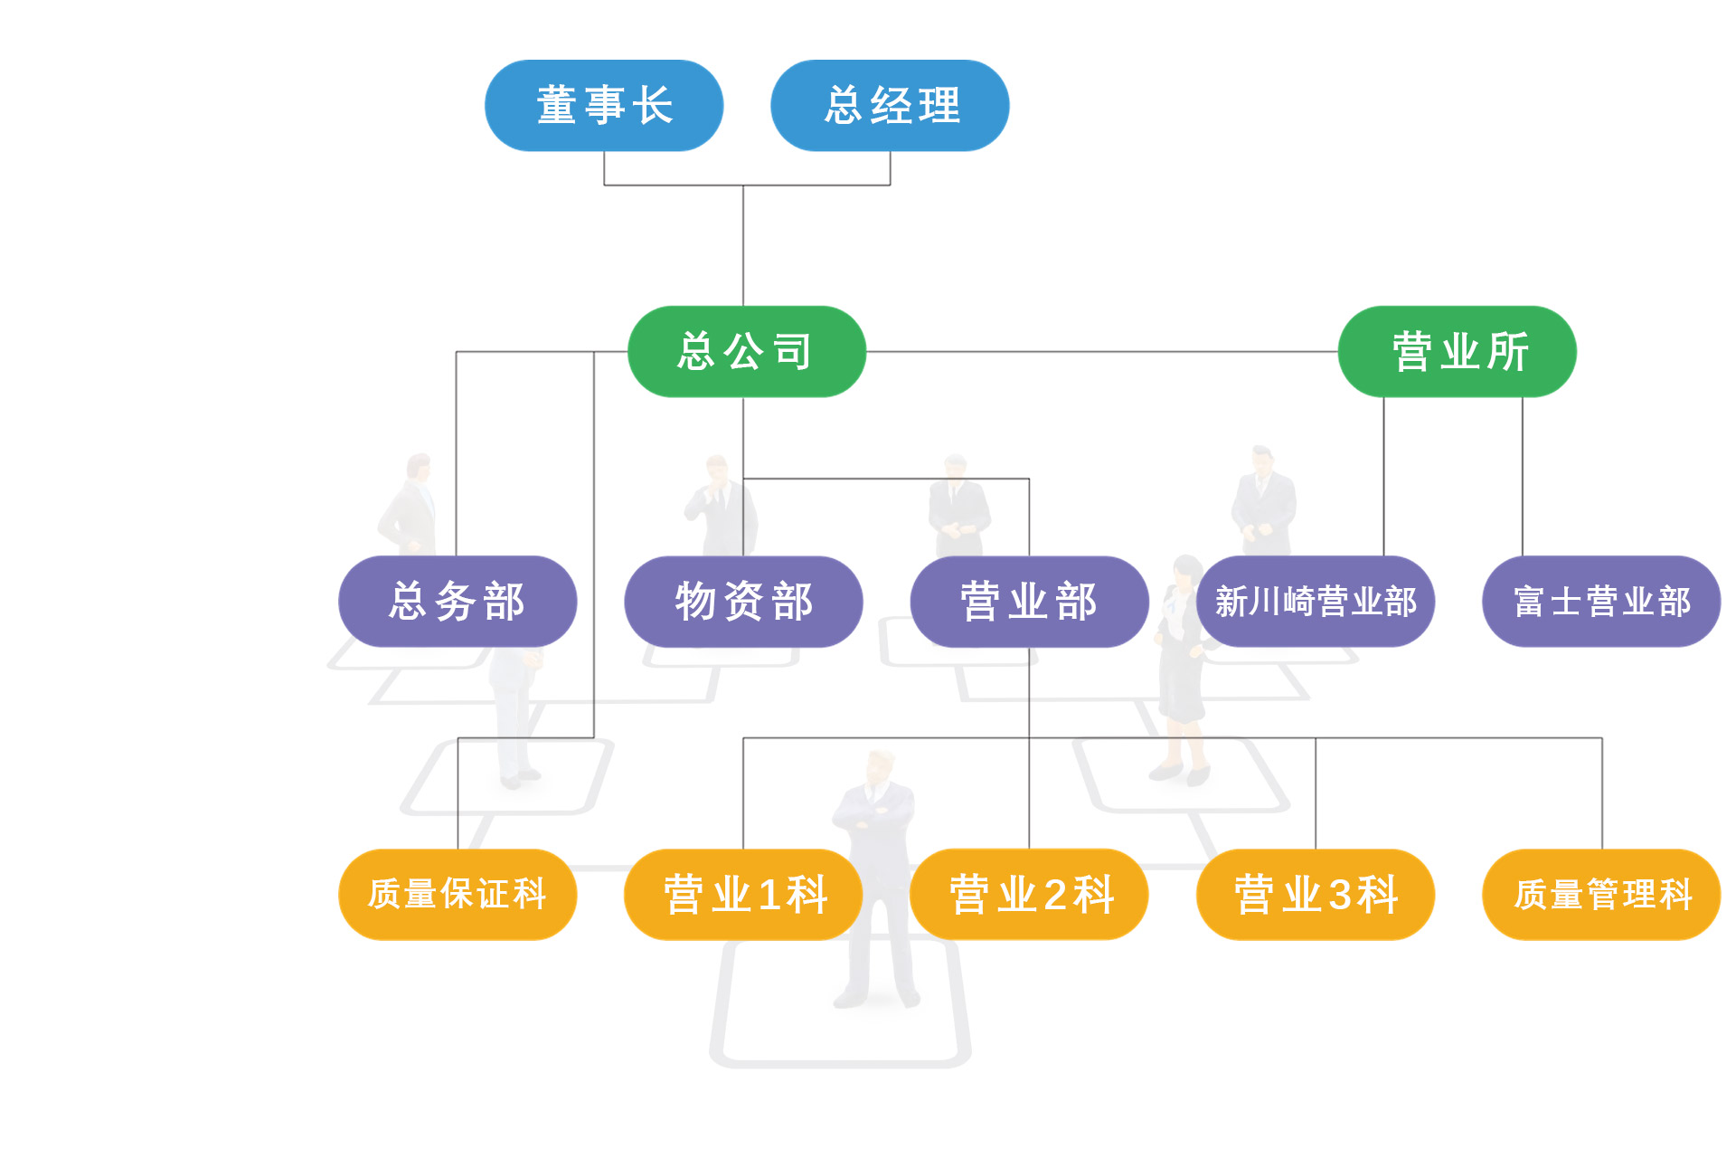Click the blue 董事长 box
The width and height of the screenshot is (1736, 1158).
(604, 106)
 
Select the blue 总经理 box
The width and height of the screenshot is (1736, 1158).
(890, 106)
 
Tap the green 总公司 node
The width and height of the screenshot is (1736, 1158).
(747, 352)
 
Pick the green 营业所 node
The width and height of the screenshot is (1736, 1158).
(1458, 352)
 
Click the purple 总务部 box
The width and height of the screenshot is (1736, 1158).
(458, 602)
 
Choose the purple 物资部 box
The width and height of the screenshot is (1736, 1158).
(743, 602)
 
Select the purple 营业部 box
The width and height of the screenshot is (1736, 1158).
(1029, 602)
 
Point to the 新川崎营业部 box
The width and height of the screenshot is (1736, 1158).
(1316, 602)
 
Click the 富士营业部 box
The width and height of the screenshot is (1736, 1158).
(1601, 602)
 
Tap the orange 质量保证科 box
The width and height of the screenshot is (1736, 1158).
(458, 895)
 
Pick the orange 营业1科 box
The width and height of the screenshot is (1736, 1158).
(743, 895)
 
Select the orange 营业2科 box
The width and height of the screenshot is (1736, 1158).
(1029, 895)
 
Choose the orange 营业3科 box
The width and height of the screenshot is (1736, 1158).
(1316, 895)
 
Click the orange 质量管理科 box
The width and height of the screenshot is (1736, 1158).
(1601, 895)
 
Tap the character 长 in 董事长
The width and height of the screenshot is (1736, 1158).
(652, 106)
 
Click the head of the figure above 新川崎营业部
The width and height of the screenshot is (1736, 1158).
(1262, 456)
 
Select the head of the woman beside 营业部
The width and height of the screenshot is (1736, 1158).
(1185, 570)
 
